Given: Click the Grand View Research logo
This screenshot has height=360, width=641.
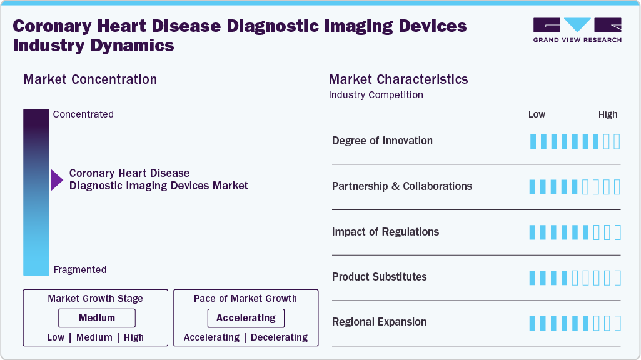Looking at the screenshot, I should tap(577, 30).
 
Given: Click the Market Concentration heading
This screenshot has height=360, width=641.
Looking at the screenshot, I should tap(90, 79).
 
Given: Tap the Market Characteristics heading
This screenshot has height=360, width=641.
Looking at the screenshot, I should tap(398, 79).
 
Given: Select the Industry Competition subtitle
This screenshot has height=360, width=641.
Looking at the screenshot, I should tap(376, 95).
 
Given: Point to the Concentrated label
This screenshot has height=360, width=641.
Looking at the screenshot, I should tap(83, 114).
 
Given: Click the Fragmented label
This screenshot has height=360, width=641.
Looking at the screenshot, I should tap(80, 270).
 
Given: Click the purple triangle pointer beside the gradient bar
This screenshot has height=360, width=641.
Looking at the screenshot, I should tap(57, 180).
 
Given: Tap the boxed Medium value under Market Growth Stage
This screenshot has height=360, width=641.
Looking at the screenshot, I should tap(97, 318).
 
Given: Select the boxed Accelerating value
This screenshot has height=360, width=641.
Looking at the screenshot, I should tap(246, 318).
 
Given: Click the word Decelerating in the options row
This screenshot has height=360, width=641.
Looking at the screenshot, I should tap(279, 337).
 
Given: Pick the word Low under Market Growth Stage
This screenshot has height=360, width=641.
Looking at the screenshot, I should tap(56, 337).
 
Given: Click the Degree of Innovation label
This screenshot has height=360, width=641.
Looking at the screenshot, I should tap(382, 141).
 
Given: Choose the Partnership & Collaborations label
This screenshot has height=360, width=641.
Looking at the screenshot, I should tap(402, 186).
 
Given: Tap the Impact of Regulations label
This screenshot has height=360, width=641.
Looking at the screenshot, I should tap(385, 232).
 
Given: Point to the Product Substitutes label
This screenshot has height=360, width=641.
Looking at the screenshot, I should tap(379, 277).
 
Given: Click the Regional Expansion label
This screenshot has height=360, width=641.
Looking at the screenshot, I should tap(379, 322).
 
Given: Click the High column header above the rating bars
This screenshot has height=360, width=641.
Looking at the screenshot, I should tap(607, 114).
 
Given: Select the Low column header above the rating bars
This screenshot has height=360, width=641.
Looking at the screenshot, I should tap(537, 114).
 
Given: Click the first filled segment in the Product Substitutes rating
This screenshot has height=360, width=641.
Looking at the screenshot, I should tap(533, 277).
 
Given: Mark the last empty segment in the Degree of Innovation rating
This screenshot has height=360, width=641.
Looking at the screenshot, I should tap(617, 141).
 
